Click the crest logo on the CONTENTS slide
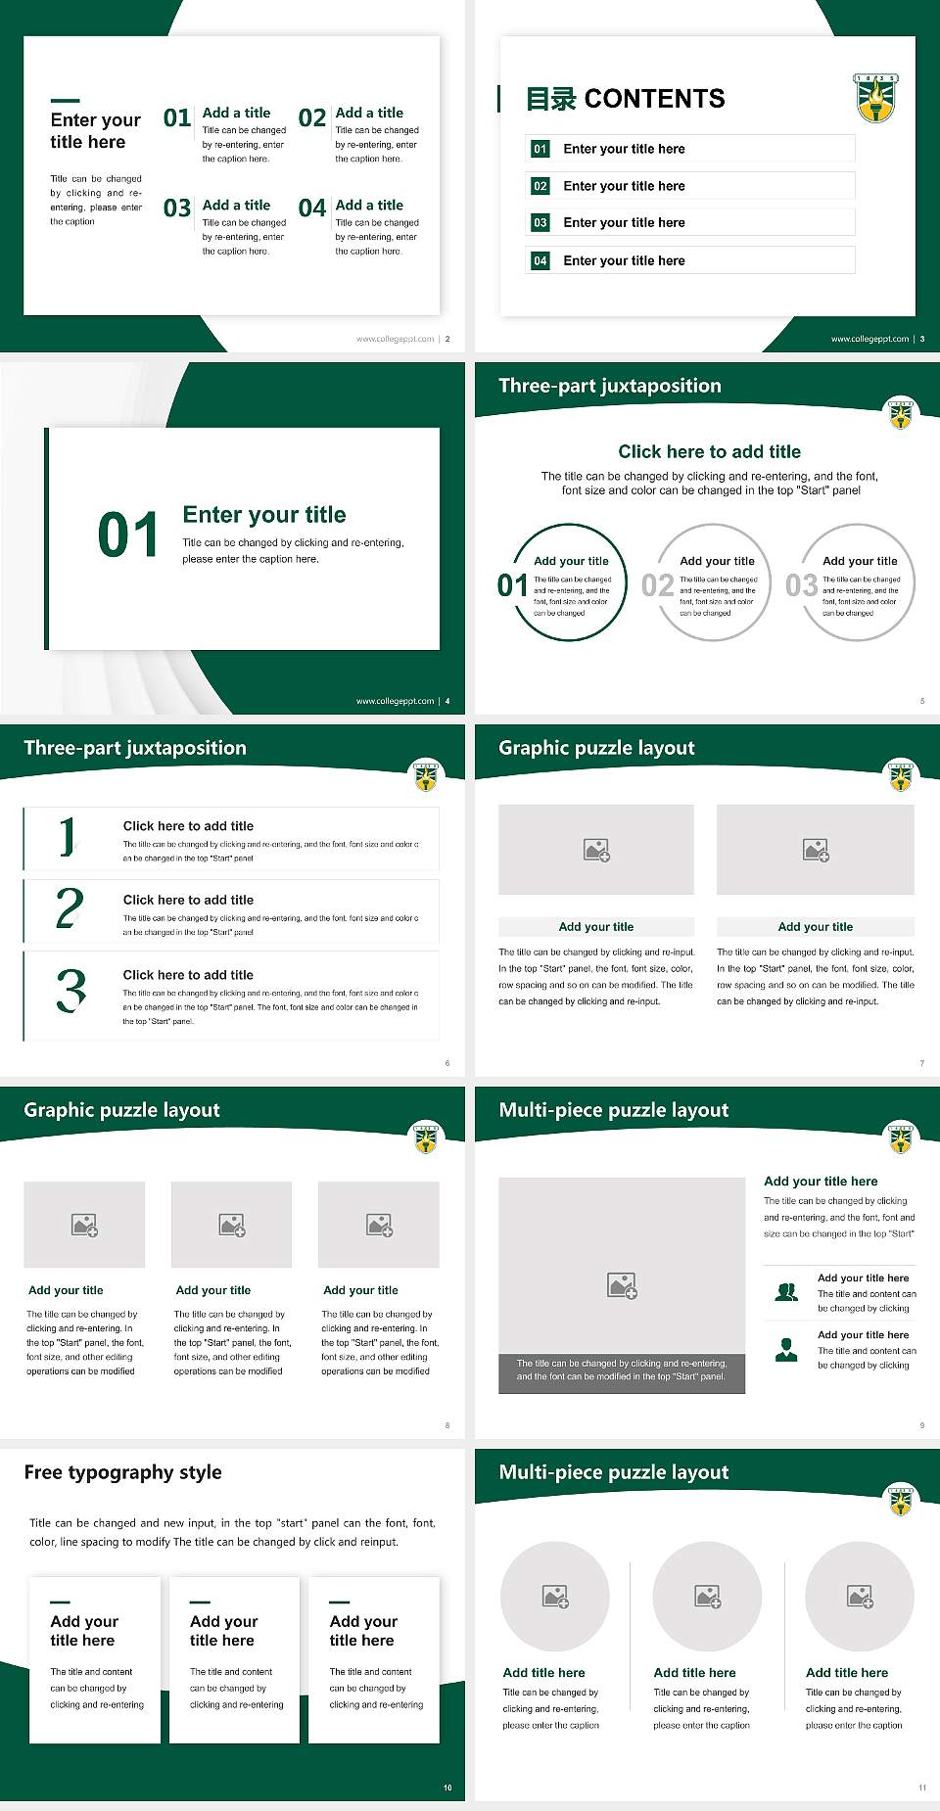(875, 98)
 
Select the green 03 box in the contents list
(540, 223)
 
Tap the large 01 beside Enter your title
(127, 535)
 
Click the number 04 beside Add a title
(312, 209)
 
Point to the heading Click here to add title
(709, 451)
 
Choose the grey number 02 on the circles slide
(657, 585)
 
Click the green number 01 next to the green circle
(512, 585)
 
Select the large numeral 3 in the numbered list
(70, 991)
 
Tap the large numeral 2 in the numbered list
(70, 908)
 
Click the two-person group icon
(786, 1292)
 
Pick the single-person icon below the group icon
(786, 1350)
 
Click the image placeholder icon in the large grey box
(622, 1285)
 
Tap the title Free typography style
(122, 1472)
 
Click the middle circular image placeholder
(707, 1597)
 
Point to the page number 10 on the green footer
(447, 1788)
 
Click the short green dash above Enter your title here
(65, 100)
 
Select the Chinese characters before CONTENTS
(550, 99)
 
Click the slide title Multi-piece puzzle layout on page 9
(613, 1110)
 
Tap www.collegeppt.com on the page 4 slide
(395, 701)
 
